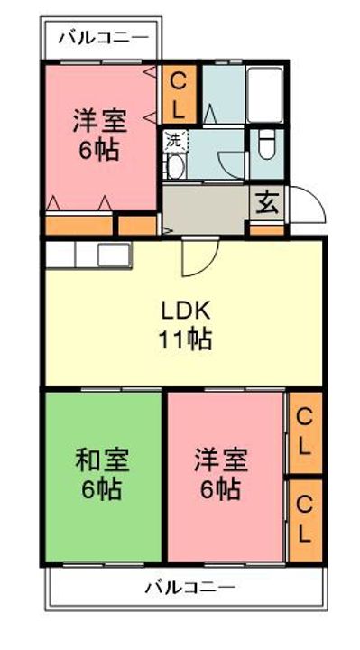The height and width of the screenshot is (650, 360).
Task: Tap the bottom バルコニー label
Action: tap(190, 588)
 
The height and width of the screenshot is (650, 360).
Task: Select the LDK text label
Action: tap(186, 311)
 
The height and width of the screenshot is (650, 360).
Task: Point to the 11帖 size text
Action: tap(187, 339)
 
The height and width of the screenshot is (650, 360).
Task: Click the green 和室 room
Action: tap(101, 474)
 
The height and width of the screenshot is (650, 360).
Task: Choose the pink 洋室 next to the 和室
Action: tap(223, 474)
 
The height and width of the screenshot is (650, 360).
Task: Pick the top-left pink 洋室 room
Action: tap(99, 135)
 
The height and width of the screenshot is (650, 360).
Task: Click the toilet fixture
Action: tap(267, 146)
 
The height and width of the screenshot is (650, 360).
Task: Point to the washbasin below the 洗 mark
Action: tap(176, 168)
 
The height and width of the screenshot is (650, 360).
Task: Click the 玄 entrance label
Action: tap(267, 201)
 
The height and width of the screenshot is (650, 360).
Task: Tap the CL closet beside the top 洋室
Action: tap(179, 95)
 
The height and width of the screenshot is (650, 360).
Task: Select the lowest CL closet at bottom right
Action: tap(305, 518)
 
